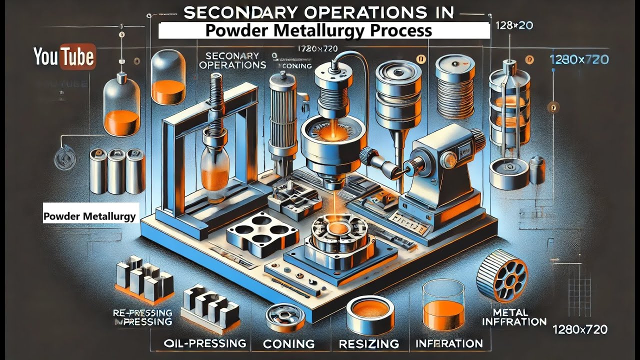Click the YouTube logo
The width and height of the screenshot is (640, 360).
click(64, 57)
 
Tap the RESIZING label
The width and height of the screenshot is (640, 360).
click(369, 343)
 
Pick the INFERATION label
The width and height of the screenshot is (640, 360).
click(449, 343)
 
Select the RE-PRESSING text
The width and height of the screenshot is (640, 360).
click(142, 313)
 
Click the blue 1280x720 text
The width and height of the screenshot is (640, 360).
click(578, 59)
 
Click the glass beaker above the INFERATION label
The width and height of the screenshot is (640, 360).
click(443, 303)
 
